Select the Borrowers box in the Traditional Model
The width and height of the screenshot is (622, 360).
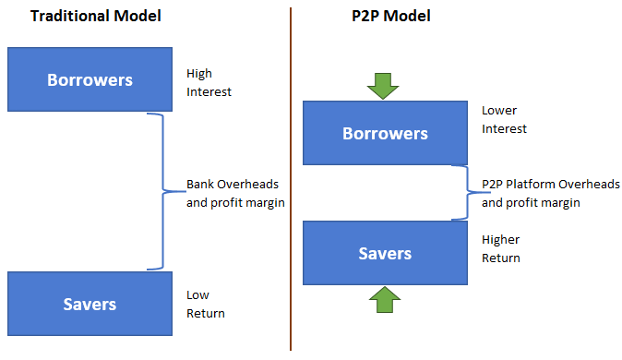(x=90, y=79)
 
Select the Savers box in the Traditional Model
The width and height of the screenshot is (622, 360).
(x=90, y=303)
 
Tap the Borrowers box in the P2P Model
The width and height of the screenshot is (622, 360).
(x=385, y=134)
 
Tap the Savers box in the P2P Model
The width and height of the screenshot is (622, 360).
(x=385, y=253)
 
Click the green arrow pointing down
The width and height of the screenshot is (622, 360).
(x=382, y=86)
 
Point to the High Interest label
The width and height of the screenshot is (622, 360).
(x=209, y=82)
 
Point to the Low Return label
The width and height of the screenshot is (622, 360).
(x=205, y=304)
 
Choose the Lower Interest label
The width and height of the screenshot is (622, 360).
(x=504, y=119)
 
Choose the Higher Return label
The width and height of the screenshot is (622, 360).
(x=501, y=248)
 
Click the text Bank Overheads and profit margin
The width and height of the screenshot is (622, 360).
(x=233, y=193)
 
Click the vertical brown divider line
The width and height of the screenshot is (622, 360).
(x=291, y=185)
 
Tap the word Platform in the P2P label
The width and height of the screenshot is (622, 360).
(x=532, y=184)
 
